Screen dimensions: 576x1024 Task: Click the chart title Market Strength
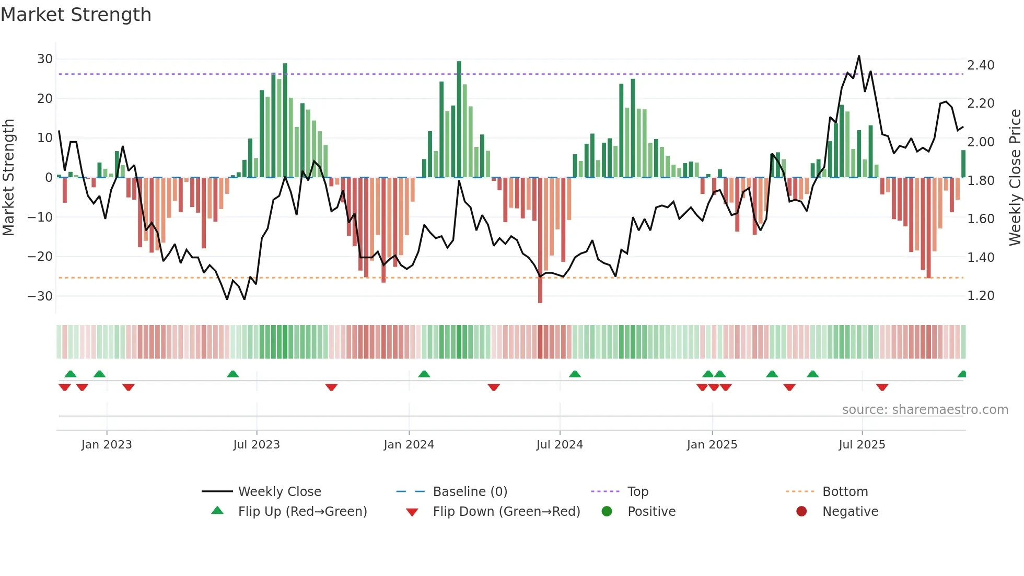76,15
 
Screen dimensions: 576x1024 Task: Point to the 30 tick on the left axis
45,59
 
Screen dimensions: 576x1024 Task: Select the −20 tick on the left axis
40,257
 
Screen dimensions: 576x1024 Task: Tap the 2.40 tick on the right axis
981,65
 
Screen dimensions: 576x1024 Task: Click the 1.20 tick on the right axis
981,296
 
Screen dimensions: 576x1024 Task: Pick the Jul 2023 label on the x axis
257,445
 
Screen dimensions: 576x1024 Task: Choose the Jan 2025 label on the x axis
712,445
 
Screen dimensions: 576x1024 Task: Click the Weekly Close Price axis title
1015,178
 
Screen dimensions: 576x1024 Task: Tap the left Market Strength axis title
8,178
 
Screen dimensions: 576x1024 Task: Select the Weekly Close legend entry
280,492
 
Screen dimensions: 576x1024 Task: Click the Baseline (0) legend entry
470,492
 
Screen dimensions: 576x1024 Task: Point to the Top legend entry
637,492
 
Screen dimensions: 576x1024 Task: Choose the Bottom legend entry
845,492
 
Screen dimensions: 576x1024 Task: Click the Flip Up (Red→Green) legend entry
302,512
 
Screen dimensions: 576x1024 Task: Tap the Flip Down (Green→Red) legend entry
506,512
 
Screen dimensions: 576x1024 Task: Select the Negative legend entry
850,512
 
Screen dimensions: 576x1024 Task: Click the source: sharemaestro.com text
925,410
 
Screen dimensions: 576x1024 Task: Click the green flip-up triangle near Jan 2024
424,374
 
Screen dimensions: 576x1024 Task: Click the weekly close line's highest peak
859,56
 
